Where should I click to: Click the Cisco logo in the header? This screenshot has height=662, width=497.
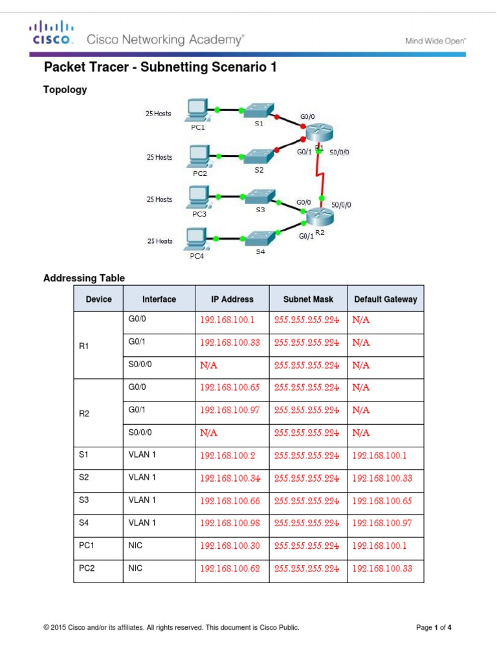click(x=50, y=32)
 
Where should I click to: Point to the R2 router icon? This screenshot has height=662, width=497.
click(x=318, y=217)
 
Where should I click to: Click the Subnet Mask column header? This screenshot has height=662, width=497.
click(x=308, y=299)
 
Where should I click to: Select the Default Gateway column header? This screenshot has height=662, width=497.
click(x=385, y=299)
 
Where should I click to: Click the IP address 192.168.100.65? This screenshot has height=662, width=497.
click(x=230, y=388)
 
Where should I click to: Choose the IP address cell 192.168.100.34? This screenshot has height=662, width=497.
click(x=230, y=478)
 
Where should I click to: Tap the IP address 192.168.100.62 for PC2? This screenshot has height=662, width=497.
click(x=230, y=569)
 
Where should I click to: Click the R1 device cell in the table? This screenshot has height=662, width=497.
click(x=83, y=346)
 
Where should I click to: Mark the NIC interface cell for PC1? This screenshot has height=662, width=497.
click(x=137, y=546)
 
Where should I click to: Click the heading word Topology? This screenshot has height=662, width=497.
click(x=65, y=90)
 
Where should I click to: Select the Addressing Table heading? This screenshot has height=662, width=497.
click(x=84, y=278)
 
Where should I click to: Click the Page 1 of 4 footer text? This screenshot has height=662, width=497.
click(x=433, y=627)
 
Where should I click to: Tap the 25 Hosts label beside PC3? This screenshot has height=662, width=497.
click(x=159, y=200)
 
